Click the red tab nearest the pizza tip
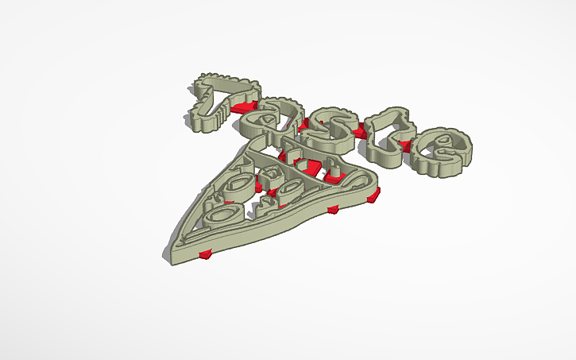(207, 254)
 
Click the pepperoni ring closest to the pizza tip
(222, 212)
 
